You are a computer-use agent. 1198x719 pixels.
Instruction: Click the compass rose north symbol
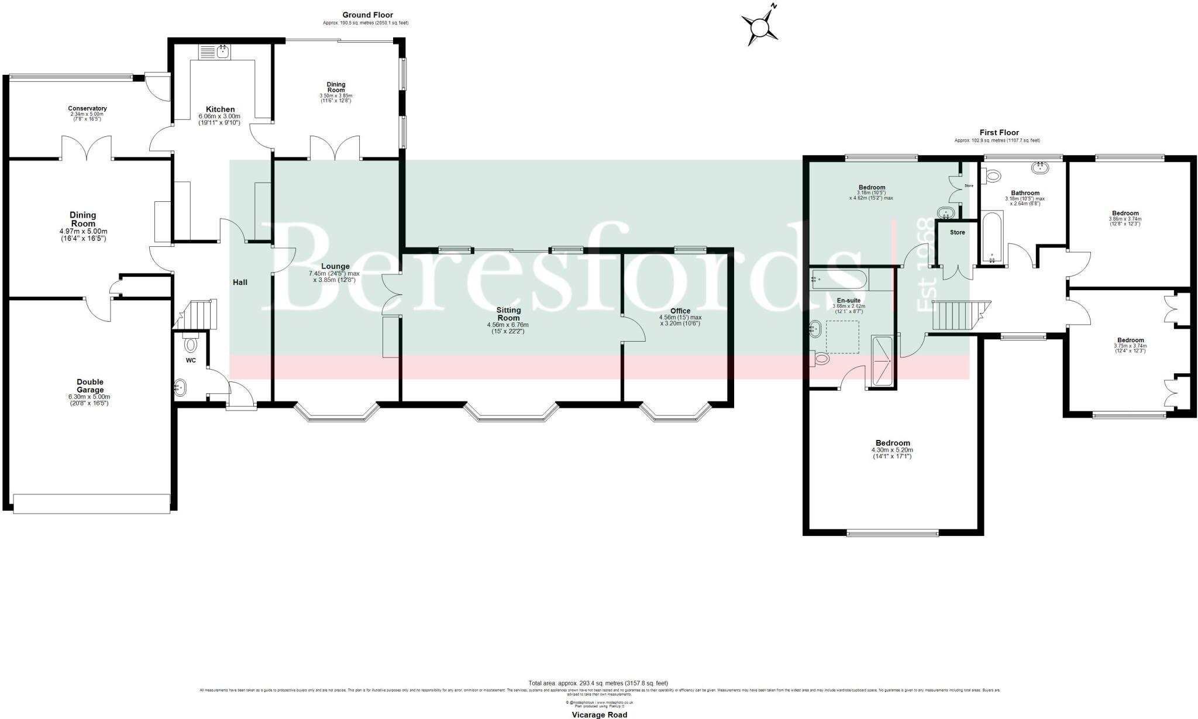click(760, 26)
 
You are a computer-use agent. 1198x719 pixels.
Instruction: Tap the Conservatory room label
click(87, 109)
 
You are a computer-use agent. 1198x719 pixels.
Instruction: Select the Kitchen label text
click(220, 109)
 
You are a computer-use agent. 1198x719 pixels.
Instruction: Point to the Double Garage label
click(90, 386)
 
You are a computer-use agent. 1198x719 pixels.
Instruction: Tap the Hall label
click(240, 283)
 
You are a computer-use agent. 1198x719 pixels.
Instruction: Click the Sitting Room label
click(508, 314)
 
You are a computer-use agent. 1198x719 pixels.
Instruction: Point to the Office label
click(680, 311)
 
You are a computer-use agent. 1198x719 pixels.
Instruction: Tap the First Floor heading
click(999, 133)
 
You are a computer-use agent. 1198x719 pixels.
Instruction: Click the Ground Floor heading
click(367, 15)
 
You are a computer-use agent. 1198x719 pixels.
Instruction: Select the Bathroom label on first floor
click(1025, 193)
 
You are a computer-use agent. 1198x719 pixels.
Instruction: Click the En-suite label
click(848, 300)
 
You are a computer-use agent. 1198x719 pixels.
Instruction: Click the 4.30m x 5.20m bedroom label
click(893, 443)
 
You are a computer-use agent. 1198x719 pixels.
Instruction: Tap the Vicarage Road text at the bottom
click(599, 714)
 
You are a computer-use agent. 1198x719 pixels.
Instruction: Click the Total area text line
click(598, 683)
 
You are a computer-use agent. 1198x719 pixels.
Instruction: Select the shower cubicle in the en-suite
click(882, 362)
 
